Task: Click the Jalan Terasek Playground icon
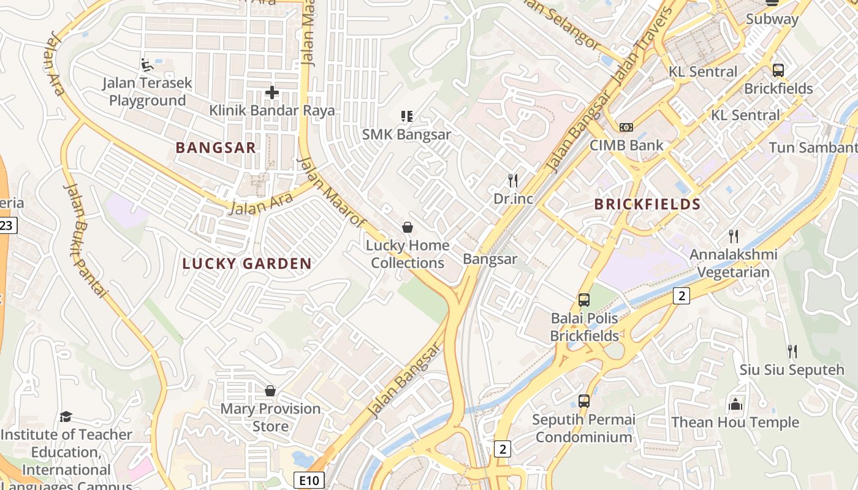(146, 64)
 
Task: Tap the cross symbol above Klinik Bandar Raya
(272, 92)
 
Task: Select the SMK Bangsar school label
(406, 134)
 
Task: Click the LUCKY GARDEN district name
(247, 264)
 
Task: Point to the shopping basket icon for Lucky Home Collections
(408, 228)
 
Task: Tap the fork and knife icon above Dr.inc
(513, 181)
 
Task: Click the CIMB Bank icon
(626, 127)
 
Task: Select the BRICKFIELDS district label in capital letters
(647, 205)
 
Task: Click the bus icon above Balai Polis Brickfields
(584, 300)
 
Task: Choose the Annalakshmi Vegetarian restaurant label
(733, 263)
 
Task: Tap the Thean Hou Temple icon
(735, 404)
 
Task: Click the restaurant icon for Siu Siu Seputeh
(792, 352)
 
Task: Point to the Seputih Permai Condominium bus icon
(584, 401)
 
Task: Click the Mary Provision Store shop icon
(270, 391)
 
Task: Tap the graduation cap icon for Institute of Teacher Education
(66, 417)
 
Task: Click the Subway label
(772, 19)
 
